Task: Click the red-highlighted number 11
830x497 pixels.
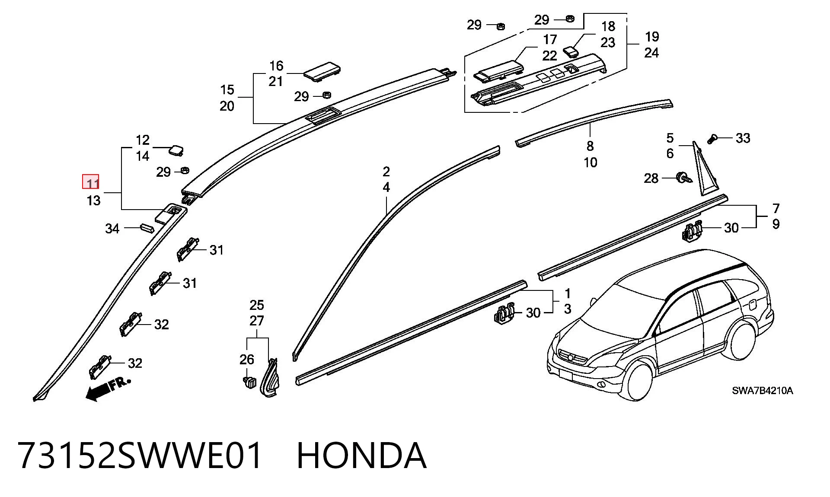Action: (x=91, y=182)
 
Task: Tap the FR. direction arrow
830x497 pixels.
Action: (x=108, y=389)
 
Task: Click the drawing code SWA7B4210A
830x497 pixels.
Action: (x=762, y=391)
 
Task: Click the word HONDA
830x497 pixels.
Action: (x=362, y=455)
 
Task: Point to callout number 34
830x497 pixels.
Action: (x=112, y=229)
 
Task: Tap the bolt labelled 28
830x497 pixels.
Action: (x=683, y=178)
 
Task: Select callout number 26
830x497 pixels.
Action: (x=247, y=359)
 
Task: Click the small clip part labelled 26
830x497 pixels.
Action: (x=249, y=382)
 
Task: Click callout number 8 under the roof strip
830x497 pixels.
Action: (x=590, y=146)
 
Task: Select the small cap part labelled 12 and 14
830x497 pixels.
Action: (x=176, y=150)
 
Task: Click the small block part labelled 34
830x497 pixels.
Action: (x=147, y=228)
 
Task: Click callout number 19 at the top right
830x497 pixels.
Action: (x=652, y=37)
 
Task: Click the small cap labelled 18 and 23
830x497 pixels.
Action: (x=572, y=51)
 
